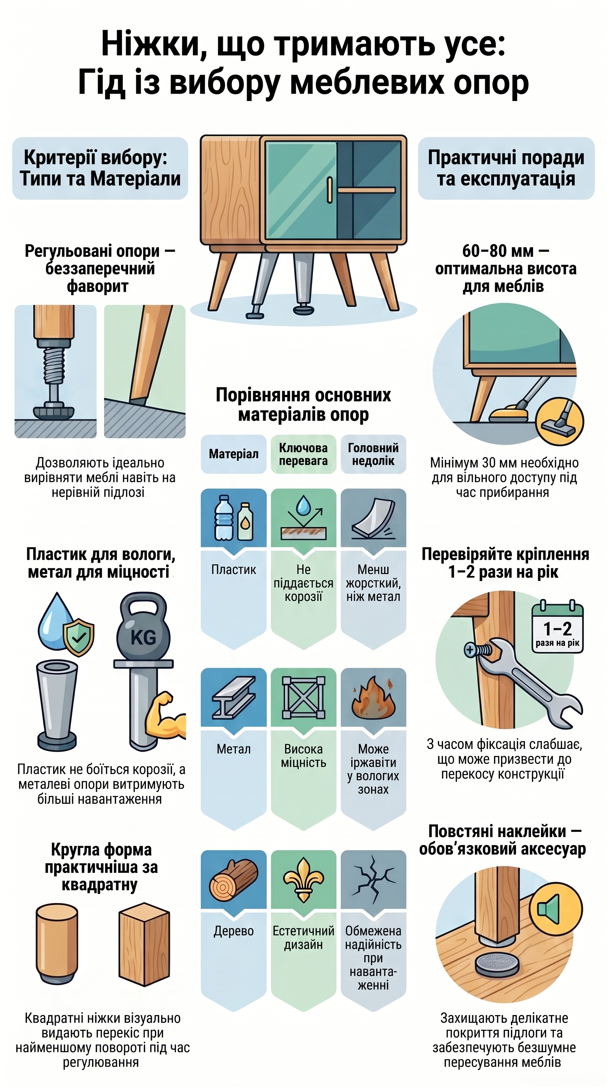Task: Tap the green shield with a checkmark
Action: point(79,637)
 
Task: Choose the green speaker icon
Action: point(556,909)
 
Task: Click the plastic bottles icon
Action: point(234,518)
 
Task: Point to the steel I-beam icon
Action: point(234,697)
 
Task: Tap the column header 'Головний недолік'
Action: point(373,454)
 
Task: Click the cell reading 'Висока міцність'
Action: point(303,756)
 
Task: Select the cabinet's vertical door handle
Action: point(330,190)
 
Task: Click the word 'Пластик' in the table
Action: point(234,570)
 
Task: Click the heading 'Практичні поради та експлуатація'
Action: point(506,168)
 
